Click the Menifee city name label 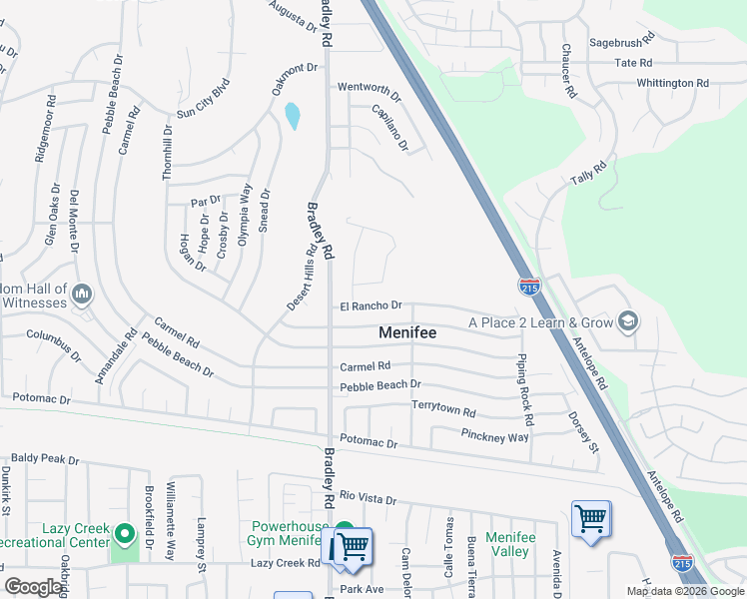tap(406, 332)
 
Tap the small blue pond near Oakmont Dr tap(292, 117)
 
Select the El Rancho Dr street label tap(371, 305)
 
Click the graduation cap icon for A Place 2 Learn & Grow tap(628, 321)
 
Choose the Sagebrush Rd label tap(621, 43)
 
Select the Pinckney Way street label tap(495, 436)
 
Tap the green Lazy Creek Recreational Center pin tap(125, 535)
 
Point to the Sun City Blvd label tap(204, 98)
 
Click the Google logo tap(34, 587)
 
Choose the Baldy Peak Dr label tap(45, 459)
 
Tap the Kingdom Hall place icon tap(82, 294)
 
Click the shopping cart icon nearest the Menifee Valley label tap(590, 519)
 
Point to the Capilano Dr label tap(390, 129)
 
